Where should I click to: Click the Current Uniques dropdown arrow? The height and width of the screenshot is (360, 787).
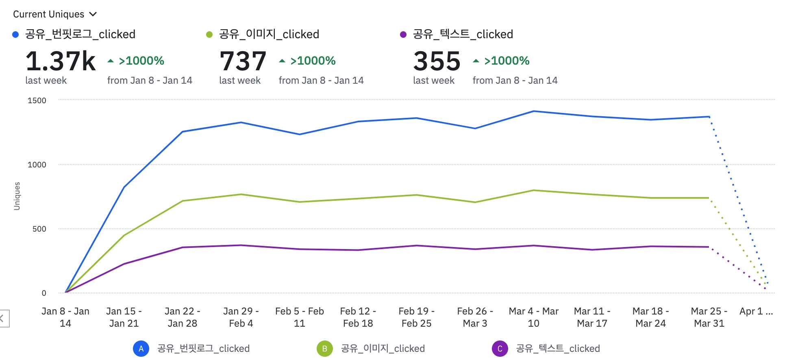93,14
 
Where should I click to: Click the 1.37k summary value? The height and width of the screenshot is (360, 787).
61,61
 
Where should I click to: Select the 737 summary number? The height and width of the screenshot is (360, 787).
243,61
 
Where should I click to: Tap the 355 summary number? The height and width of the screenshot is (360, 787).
437,61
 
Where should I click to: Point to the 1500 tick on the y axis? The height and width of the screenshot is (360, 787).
37,100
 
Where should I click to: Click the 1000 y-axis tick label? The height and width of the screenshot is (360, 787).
37,165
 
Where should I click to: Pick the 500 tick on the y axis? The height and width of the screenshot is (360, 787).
39,229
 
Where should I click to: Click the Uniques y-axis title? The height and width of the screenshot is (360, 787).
17,196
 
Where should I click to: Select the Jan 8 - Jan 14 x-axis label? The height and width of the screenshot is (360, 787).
65,317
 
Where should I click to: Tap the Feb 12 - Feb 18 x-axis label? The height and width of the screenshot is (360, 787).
358,317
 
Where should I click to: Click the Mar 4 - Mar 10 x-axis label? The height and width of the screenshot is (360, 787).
533,317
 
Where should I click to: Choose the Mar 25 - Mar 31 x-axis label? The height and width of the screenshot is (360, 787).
709,317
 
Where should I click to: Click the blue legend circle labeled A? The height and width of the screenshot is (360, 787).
141,349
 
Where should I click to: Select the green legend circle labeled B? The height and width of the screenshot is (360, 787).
324,349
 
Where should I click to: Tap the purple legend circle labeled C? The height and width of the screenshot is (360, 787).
500,349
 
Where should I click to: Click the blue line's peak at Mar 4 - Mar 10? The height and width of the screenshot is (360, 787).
533,111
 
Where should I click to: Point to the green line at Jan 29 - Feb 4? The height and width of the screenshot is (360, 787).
241,194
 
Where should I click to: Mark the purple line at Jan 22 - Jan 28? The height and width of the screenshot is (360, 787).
183,247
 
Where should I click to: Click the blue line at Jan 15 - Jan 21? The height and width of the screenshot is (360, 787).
124,187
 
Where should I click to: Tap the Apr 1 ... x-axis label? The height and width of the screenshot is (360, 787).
756,311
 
